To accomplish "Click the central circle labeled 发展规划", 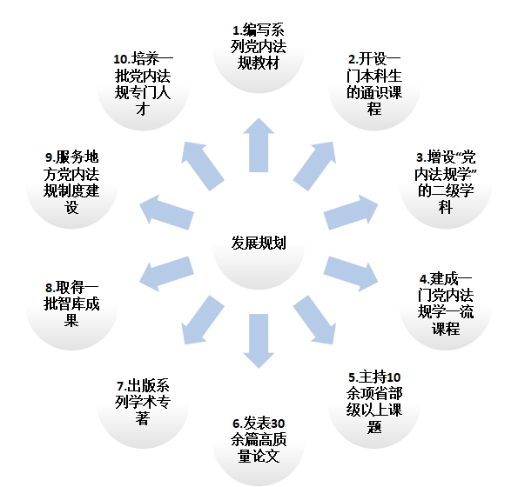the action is click(x=259, y=243).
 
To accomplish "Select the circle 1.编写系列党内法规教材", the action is click(x=259, y=46).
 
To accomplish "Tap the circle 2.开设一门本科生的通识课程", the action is click(x=374, y=84).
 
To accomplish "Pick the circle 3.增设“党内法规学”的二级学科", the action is click(x=446, y=182).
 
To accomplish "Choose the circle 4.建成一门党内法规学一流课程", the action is click(x=446, y=304).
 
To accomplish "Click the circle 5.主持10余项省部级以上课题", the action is click(x=374, y=402).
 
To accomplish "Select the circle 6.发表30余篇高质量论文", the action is click(x=259, y=439).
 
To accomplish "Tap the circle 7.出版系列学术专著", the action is click(x=143, y=402).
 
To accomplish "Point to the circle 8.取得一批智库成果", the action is click(x=71, y=304).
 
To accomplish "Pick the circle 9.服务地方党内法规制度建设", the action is click(x=71, y=182).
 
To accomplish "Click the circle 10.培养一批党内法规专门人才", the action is click(x=143, y=84).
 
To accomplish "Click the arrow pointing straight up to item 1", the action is click(x=259, y=145).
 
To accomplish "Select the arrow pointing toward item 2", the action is click(x=314, y=166).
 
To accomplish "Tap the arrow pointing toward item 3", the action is click(x=351, y=212).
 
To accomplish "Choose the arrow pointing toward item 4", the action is click(x=351, y=274).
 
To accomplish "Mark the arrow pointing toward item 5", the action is click(x=314, y=320).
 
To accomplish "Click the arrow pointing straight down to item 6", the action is click(x=259, y=341).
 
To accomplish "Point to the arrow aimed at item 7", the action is click(x=203, y=320).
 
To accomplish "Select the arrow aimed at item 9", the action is click(x=166, y=212).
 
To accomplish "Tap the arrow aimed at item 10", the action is click(x=203, y=166).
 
